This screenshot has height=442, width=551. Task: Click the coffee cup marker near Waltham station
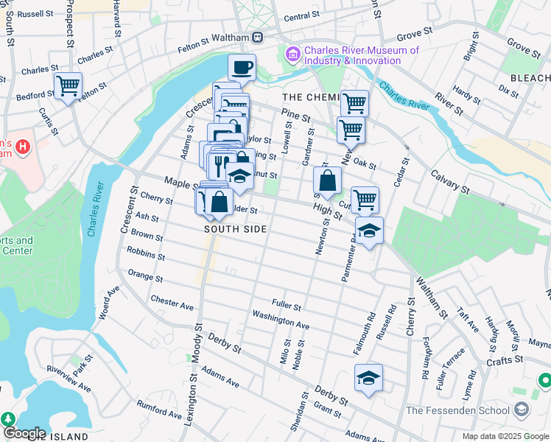[x=242, y=69]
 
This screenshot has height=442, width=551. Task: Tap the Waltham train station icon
[x=257, y=38]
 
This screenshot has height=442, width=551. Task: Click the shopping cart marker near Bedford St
[x=68, y=85]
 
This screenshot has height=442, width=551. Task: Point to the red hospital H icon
[x=23, y=146]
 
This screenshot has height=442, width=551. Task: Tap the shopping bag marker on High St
[x=326, y=180]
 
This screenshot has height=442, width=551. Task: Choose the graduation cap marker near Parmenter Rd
[x=369, y=231]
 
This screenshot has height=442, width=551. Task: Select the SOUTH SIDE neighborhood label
[x=235, y=229]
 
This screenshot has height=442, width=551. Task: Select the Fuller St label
[x=287, y=304]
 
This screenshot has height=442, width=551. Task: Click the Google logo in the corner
[x=24, y=433]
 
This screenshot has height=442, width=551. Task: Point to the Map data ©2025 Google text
[x=505, y=436]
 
